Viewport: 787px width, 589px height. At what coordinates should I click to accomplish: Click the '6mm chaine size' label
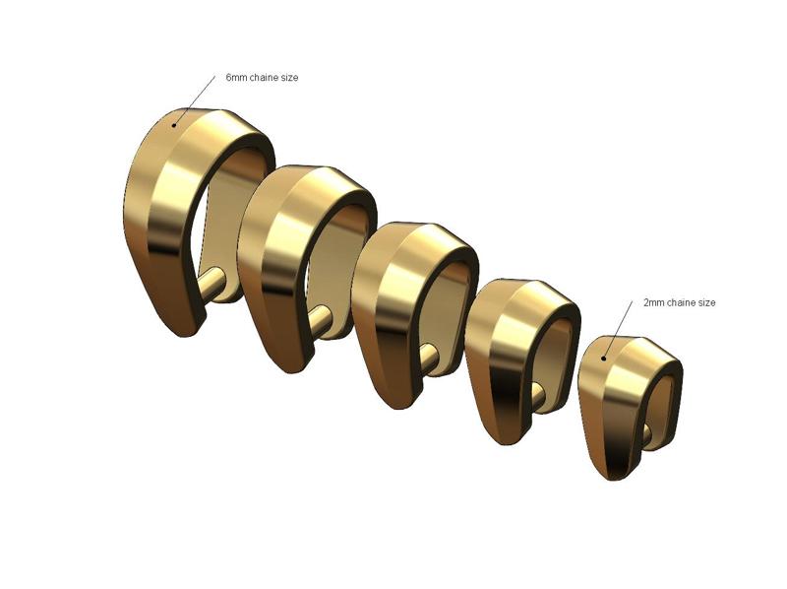(x=262, y=77)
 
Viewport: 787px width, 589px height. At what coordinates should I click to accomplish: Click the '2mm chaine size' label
(x=679, y=302)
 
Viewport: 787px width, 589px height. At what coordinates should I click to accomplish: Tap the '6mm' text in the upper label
(x=236, y=77)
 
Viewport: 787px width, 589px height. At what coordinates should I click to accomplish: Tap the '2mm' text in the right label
(x=653, y=302)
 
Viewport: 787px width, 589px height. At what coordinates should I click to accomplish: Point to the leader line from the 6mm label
(x=197, y=98)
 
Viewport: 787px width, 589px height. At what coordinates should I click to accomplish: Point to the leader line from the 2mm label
(x=620, y=321)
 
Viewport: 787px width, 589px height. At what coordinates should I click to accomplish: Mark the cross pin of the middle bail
(x=430, y=355)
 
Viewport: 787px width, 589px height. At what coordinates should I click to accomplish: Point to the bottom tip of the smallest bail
(x=616, y=478)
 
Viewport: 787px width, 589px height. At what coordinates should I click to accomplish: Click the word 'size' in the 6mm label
(x=288, y=77)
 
